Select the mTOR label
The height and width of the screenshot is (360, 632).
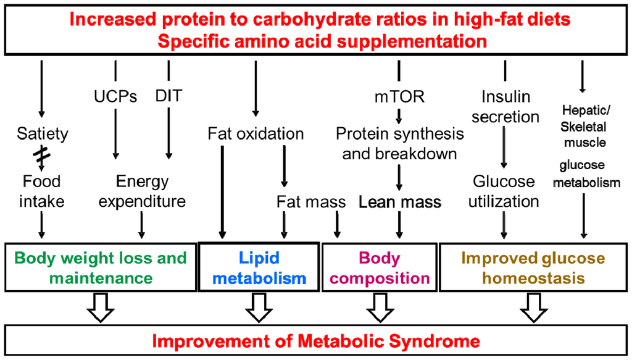point(399,97)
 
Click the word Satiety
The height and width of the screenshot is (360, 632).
point(41,133)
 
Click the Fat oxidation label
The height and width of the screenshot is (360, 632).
point(256,133)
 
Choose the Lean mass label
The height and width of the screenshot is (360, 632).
point(400,202)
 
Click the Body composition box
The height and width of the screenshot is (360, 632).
point(380,267)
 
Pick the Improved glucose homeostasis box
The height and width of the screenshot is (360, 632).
point(534,267)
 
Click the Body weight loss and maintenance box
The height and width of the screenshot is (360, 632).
point(101,267)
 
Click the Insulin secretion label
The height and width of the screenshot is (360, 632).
point(505,106)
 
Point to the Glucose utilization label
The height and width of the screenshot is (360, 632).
point(504,191)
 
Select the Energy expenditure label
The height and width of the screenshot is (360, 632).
point(142,191)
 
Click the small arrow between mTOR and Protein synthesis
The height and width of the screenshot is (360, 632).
point(399,115)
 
